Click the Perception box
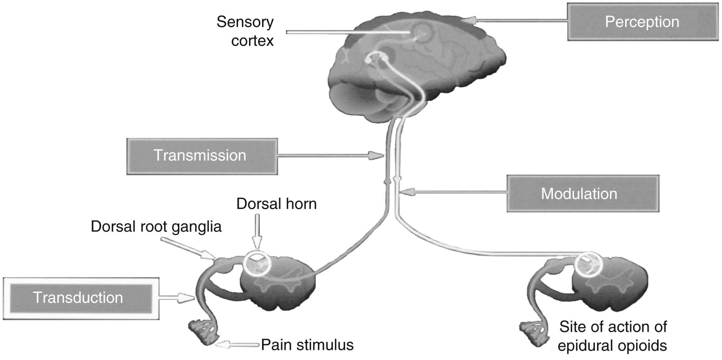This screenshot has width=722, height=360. point(642,22)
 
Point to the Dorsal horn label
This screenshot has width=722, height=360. point(277,204)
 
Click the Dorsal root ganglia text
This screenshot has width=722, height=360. point(156,227)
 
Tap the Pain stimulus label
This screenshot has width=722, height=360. point(307,345)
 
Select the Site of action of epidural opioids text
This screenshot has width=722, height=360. point(612,336)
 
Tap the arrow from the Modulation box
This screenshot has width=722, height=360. point(453,192)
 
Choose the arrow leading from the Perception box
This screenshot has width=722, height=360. point(518,21)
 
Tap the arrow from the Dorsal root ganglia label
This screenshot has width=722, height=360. point(188,249)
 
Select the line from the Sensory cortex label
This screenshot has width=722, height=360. point(346,32)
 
